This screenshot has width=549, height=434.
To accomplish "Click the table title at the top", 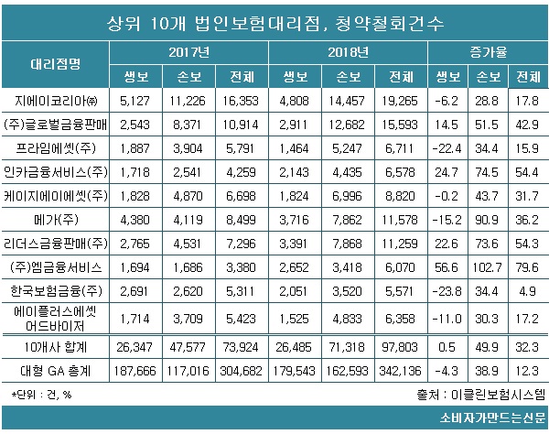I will click(274, 19).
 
